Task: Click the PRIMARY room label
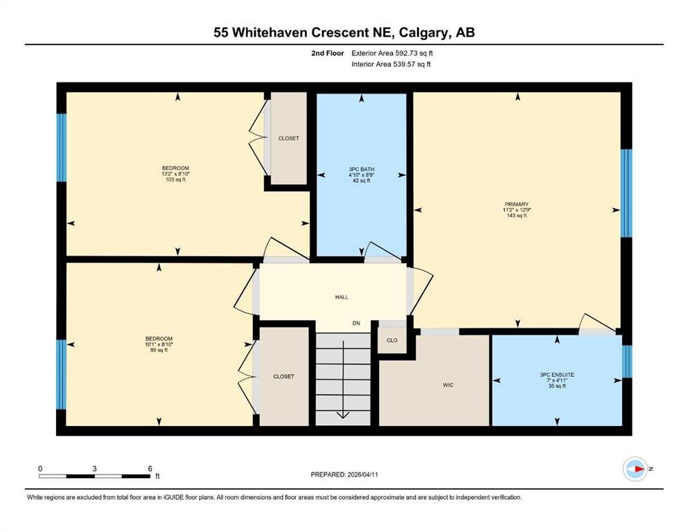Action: pyautogui.click(x=516, y=204)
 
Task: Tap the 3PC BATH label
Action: pyautogui.click(x=362, y=169)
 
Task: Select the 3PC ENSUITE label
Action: pyautogui.click(x=557, y=375)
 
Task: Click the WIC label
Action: pyautogui.click(x=448, y=385)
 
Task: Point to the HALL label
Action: pyautogui.click(x=342, y=297)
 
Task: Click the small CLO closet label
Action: pyautogui.click(x=392, y=340)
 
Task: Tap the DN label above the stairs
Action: pyautogui.click(x=356, y=323)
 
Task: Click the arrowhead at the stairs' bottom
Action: pyautogui.click(x=343, y=415)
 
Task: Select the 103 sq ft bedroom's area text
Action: pyautogui.click(x=175, y=179)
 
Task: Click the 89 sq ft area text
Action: pyautogui.click(x=159, y=350)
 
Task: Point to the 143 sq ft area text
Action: pyautogui.click(x=516, y=216)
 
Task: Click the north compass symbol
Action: pyautogui.click(x=636, y=469)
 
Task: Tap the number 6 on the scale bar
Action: pyautogui.click(x=150, y=468)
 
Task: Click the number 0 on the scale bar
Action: pyautogui.click(x=40, y=468)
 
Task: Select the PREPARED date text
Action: pyautogui.click(x=344, y=475)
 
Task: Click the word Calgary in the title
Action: pyautogui.click(x=424, y=33)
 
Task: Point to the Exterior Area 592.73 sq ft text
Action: pyautogui.click(x=392, y=53)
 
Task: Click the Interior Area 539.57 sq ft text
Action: pyautogui.click(x=391, y=64)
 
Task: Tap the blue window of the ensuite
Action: pyautogui.click(x=627, y=362)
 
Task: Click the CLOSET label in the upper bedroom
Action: pyautogui.click(x=289, y=138)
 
